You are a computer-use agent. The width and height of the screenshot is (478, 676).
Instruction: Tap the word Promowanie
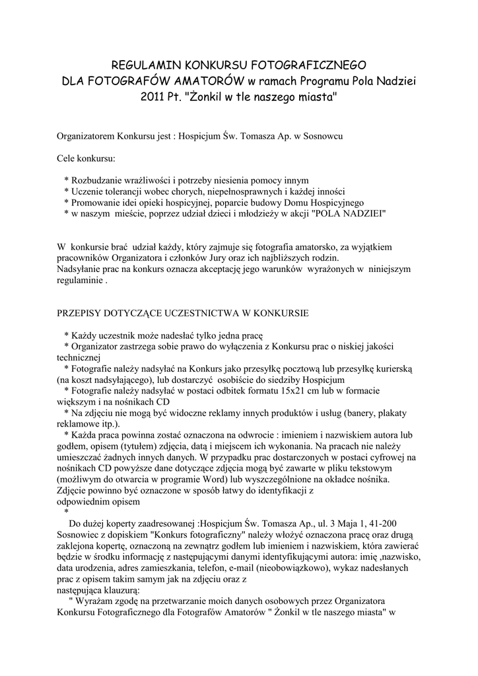click(97, 202)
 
